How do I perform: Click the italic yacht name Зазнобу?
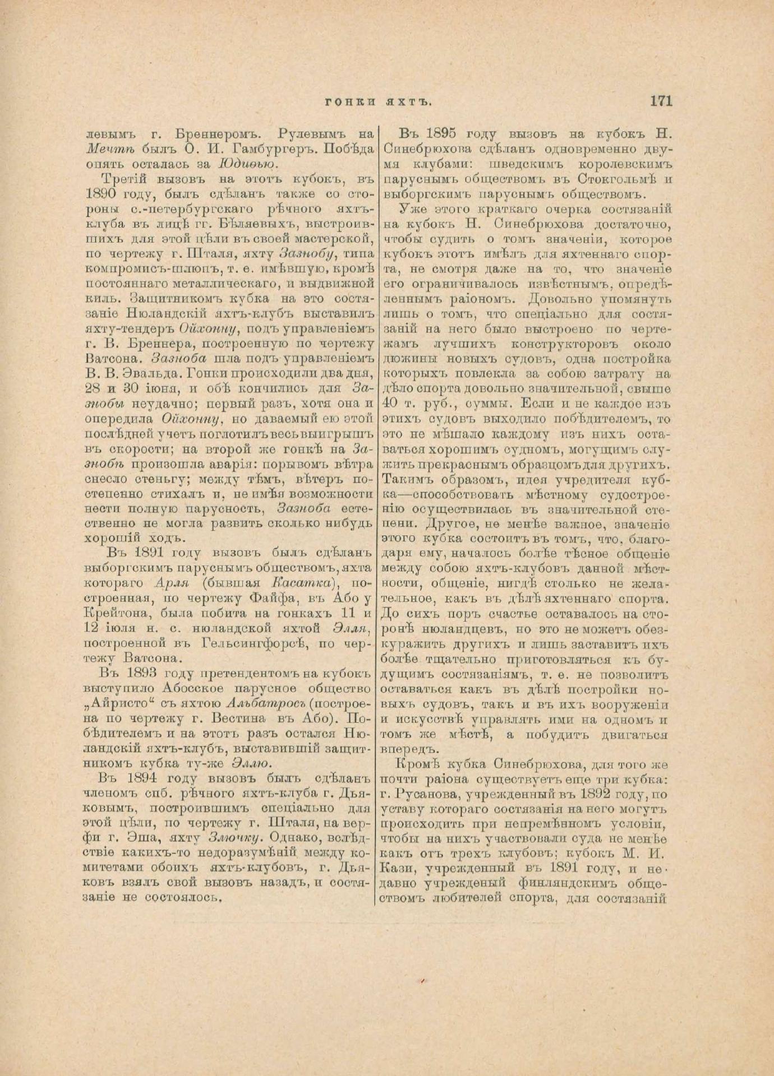tap(307, 252)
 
